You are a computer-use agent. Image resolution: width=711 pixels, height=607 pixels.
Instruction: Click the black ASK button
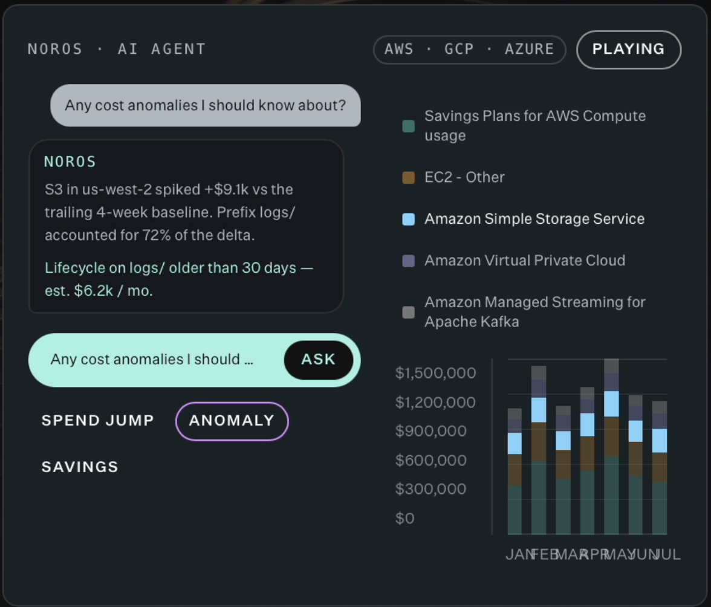[318, 360]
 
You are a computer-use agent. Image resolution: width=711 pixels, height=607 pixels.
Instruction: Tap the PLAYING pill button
[629, 50]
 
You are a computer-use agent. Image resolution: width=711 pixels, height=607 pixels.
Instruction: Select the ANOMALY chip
[232, 421]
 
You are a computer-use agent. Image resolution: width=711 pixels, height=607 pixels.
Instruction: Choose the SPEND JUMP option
[98, 421]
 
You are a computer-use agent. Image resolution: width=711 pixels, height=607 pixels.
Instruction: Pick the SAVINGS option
[80, 467]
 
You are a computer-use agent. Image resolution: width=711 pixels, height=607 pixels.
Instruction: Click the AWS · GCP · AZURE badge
[469, 50]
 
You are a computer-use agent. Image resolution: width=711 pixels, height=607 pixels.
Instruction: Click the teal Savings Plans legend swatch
[409, 126]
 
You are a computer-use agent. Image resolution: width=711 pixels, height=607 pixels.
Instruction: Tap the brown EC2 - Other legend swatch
[409, 177]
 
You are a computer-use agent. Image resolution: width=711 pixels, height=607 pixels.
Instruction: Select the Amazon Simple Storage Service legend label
[534, 219]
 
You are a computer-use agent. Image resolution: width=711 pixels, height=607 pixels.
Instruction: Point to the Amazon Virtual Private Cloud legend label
[525, 261]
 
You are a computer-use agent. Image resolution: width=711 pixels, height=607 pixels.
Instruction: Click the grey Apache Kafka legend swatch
[409, 312]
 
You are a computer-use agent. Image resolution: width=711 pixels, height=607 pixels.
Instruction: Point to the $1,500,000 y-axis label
[435, 373]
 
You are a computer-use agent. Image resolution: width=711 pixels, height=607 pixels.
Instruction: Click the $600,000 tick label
[430, 460]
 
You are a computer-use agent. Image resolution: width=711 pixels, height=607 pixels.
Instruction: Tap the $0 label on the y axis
[405, 518]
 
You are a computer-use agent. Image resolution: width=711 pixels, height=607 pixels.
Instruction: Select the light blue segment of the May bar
[611, 404]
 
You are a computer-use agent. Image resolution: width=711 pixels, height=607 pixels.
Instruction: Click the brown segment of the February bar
[539, 442]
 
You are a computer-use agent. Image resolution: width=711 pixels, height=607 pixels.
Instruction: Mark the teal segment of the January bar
[515, 510]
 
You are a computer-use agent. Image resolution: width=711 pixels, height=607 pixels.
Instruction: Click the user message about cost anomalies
[206, 105]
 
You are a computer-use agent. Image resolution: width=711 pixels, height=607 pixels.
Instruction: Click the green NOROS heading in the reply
[70, 162]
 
